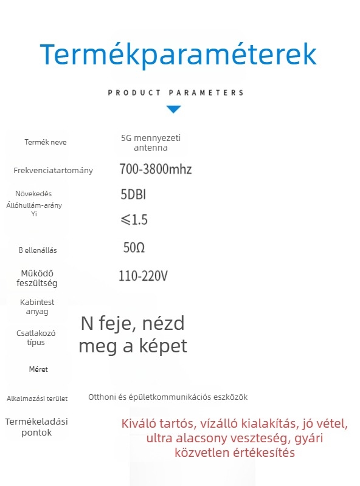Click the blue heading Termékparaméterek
coord(178,55)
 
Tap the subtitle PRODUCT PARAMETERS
coord(176,93)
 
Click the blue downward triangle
coord(174,109)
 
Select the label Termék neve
coord(46,142)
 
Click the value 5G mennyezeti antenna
coord(151,143)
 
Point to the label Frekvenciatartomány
coord(54,170)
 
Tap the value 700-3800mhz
coord(155,169)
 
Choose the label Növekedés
coord(33,194)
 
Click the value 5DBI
coord(133,194)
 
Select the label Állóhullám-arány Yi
coord(34,210)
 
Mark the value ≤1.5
coord(133,219)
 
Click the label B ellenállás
coord(38,250)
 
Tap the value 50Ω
coord(134,248)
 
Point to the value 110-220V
coord(143,276)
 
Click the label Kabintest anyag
coord(37,307)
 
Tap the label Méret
coord(38,369)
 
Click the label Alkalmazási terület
coord(37,399)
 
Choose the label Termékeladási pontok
coord(36,427)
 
